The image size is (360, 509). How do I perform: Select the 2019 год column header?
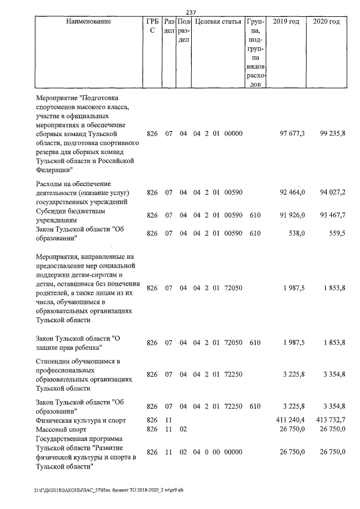286,21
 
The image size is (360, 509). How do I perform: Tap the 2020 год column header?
326,21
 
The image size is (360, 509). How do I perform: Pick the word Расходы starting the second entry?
51,183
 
